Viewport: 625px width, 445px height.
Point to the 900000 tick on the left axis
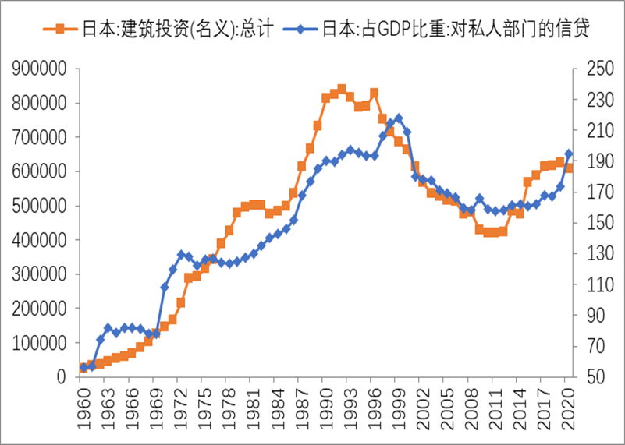tap(39, 69)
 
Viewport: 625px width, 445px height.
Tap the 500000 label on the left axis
tap(39, 207)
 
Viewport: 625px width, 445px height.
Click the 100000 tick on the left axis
tap(39, 343)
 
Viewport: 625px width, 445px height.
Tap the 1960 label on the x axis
tap(83, 409)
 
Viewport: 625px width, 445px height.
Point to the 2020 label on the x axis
tap(569, 409)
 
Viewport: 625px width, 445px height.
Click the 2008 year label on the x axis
tap(471, 409)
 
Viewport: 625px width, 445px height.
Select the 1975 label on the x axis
tap(204, 409)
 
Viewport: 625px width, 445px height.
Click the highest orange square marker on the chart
tap(341, 89)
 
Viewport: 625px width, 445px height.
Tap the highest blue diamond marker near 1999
tap(398, 118)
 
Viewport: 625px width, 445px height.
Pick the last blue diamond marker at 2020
tap(568, 154)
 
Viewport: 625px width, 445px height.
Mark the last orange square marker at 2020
tap(568, 168)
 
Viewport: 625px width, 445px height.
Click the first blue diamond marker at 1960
tap(83, 366)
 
